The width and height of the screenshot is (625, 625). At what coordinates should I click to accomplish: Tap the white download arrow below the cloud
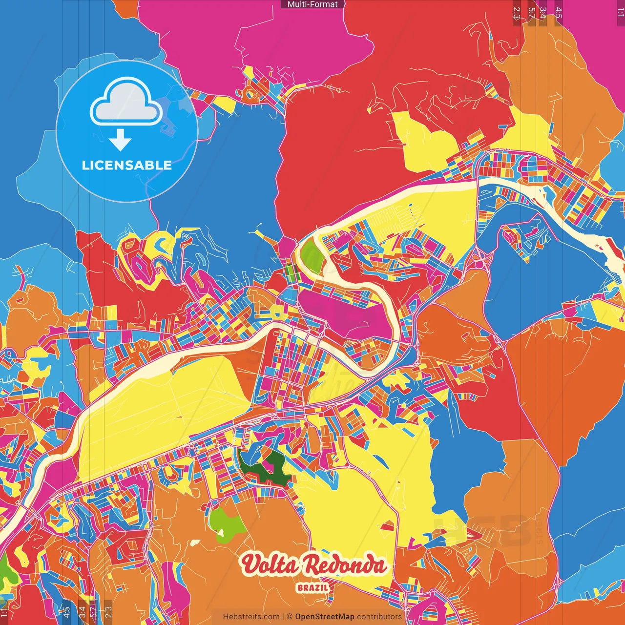(120, 141)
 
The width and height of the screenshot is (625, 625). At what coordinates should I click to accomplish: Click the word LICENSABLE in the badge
(126, 165)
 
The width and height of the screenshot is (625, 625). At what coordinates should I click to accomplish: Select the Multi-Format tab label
(312, 4)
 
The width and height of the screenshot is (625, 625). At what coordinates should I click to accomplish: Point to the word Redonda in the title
(344, 565)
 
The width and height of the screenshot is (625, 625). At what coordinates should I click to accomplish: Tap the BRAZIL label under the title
(312, 587)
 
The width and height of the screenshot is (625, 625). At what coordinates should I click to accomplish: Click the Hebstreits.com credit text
(251, 617)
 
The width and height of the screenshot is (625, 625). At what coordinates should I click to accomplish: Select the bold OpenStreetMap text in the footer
(324, 617)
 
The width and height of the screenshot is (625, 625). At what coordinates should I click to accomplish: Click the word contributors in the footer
(379, 617)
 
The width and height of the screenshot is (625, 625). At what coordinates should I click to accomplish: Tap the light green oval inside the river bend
(310, 254)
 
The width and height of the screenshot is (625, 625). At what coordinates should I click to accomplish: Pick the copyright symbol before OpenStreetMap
(289, 617)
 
